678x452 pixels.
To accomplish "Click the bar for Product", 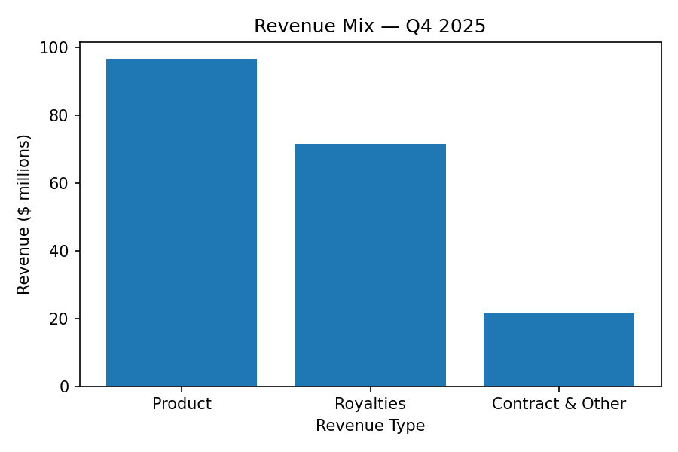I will click(182, 222).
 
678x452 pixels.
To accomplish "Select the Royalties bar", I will click(370, 265).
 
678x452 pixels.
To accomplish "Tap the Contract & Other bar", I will click(558, 350).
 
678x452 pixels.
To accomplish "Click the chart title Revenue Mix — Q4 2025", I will click(370, 26).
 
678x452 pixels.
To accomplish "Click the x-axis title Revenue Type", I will click(370, 426).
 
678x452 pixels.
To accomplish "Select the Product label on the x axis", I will click(182, 404).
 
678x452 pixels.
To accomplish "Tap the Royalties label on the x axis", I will click(370, 404).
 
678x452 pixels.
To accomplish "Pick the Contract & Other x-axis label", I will click(558, 404).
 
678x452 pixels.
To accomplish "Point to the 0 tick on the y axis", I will click(64, 386).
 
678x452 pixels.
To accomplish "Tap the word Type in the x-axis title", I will click(408, 426).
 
